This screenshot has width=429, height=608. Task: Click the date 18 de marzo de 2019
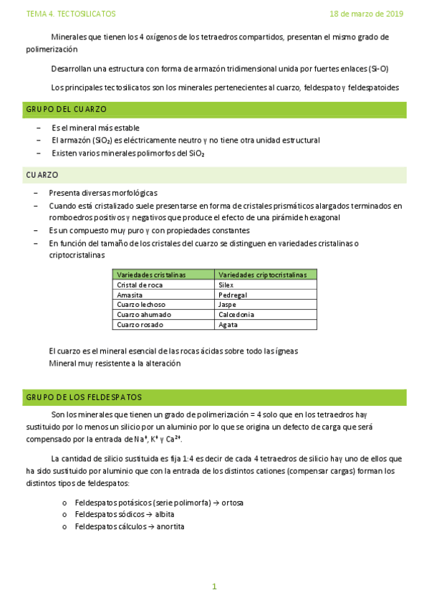[366, 14]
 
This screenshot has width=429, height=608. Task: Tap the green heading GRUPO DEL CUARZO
[66, 109]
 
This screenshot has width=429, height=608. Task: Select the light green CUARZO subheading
[42, 175]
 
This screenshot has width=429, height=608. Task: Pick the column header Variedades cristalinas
[151, 275]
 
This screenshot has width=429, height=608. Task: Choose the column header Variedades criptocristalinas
[262, 275]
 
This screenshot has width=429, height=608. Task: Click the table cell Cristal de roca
[140, 285]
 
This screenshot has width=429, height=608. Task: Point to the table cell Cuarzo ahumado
[143, 315]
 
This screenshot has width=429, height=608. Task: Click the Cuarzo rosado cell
[140, 325]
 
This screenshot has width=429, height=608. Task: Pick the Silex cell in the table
[226, 285]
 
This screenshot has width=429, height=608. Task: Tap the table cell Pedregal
[233, 295]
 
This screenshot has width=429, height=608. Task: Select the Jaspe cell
[227, 305]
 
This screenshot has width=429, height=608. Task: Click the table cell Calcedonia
[236, 315]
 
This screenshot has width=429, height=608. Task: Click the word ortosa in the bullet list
[232, 503]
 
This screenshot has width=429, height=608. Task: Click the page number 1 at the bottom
[213, 586]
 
